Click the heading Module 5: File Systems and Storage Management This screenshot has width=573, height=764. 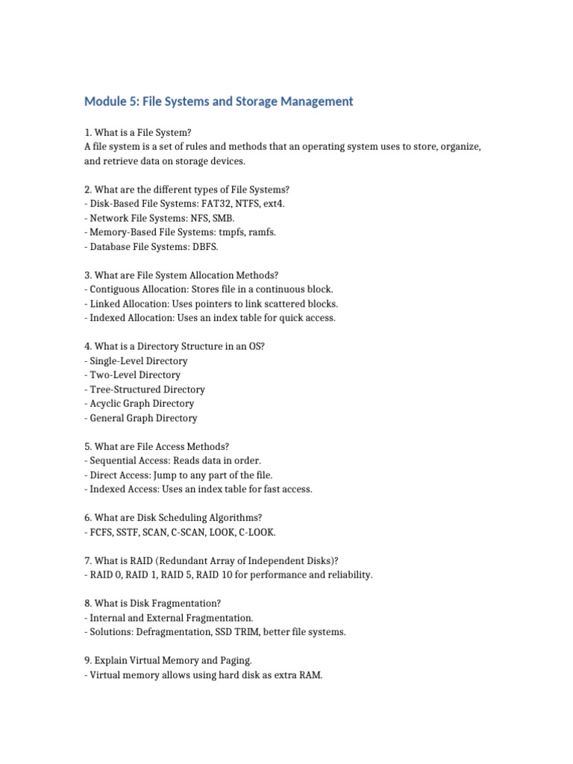[219, 101]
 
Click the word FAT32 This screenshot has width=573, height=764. [213, 204]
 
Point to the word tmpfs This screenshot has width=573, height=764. [231, 232]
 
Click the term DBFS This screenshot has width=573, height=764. [204, 246]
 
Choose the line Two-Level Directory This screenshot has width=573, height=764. [134, 375]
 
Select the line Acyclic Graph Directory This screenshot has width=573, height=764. [142, 404]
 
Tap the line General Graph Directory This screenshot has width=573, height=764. [143, 418]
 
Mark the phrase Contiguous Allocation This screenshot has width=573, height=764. [137, 289]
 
